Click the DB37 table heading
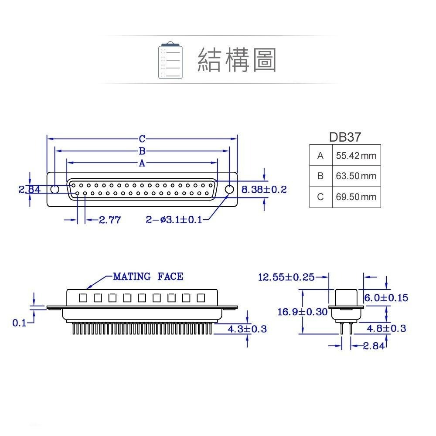tap(344, 137)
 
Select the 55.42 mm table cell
tap(356, 156)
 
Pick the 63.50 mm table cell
tap(356, 176)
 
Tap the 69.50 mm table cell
tap(356, 197)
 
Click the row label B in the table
tap(320, 176)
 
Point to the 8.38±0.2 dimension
tap(264, 190)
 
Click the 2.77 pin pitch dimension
tap(109, 220)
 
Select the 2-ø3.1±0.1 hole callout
tap(174, 220)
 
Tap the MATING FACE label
tap(148, 276)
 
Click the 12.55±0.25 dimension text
tap(286, 277)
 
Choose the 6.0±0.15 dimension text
tap(386, 298)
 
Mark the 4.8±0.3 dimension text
tap(386, 328)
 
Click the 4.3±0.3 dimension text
tap(247, 329)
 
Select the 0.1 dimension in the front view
tap(19, 323)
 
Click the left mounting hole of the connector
tap(55, 190)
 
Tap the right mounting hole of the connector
tap(229, 190)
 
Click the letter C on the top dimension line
tap(142, 139)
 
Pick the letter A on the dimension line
tap(142, 163)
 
